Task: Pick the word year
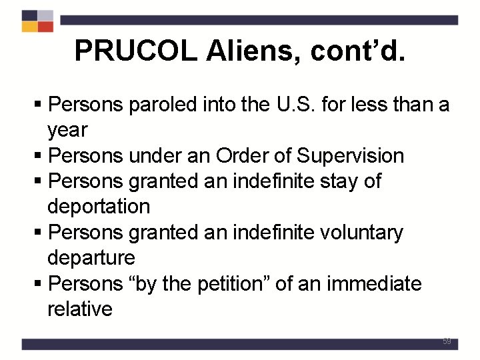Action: (x=67, y=130)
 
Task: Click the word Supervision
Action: (x=351, y=156)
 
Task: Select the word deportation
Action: (x=99, y=207)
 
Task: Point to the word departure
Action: (x=91, y=258)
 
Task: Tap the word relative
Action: (x=80, y=309)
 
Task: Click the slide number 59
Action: (x=447, y=341)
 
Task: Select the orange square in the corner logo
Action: (x=29, y=27)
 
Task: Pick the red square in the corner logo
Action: (x=45, y=27)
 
